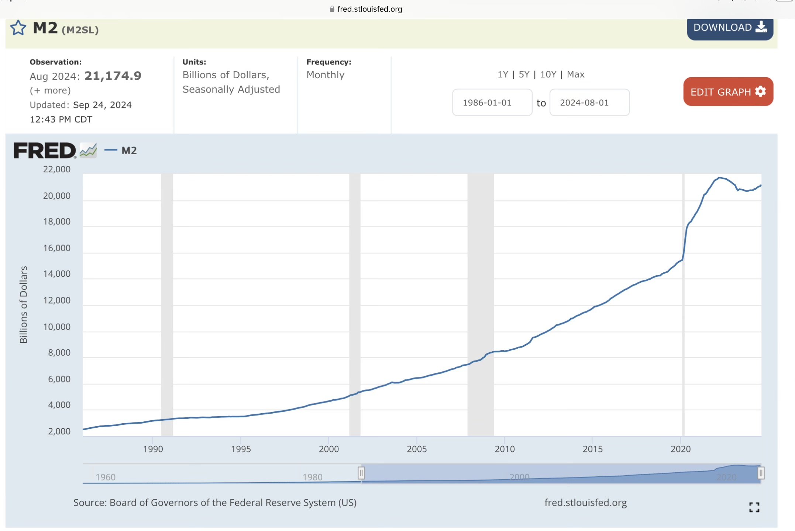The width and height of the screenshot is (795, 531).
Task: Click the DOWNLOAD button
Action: [730, 28]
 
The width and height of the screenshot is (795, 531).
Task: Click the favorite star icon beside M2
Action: [18, 28]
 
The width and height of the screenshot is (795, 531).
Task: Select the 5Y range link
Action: [524, 75]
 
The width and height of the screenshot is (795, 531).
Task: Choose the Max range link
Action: [575, 75]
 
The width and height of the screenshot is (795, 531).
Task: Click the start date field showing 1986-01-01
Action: [492, 103]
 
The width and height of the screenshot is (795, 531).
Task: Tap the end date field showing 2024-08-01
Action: [589, 103]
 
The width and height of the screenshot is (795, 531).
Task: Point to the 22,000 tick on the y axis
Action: [56, 169]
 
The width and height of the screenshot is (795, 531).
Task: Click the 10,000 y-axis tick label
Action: [56, 327]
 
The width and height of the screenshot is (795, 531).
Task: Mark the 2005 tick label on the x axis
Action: [417, 449]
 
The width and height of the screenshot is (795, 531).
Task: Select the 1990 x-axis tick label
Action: [153, 449]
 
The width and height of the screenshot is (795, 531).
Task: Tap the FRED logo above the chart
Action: [45, 151]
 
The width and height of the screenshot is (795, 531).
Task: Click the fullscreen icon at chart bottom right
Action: [754, 507]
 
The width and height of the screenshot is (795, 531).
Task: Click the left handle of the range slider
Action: [361, 473]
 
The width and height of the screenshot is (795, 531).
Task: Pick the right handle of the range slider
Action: [761, 473]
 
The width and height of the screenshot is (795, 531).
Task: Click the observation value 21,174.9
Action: [113, 76]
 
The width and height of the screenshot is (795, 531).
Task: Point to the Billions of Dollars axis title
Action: [24, 304]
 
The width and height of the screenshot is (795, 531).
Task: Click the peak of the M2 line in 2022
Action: [720, 177]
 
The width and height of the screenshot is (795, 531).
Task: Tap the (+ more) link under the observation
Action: [50, 90]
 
